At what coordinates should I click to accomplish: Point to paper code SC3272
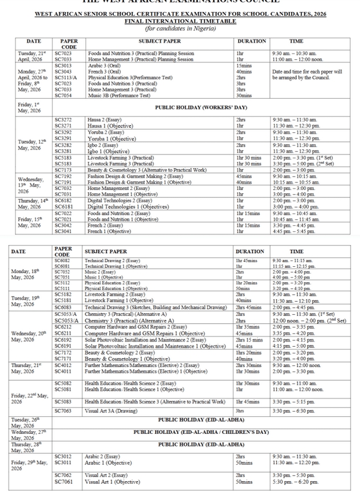(63, 120)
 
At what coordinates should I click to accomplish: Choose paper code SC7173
(63, 170)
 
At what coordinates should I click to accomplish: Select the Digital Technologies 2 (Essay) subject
(116, 200)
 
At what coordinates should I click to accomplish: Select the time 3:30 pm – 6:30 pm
(293, 410)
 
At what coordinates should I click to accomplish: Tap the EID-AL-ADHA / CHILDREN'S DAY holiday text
(201, 432)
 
